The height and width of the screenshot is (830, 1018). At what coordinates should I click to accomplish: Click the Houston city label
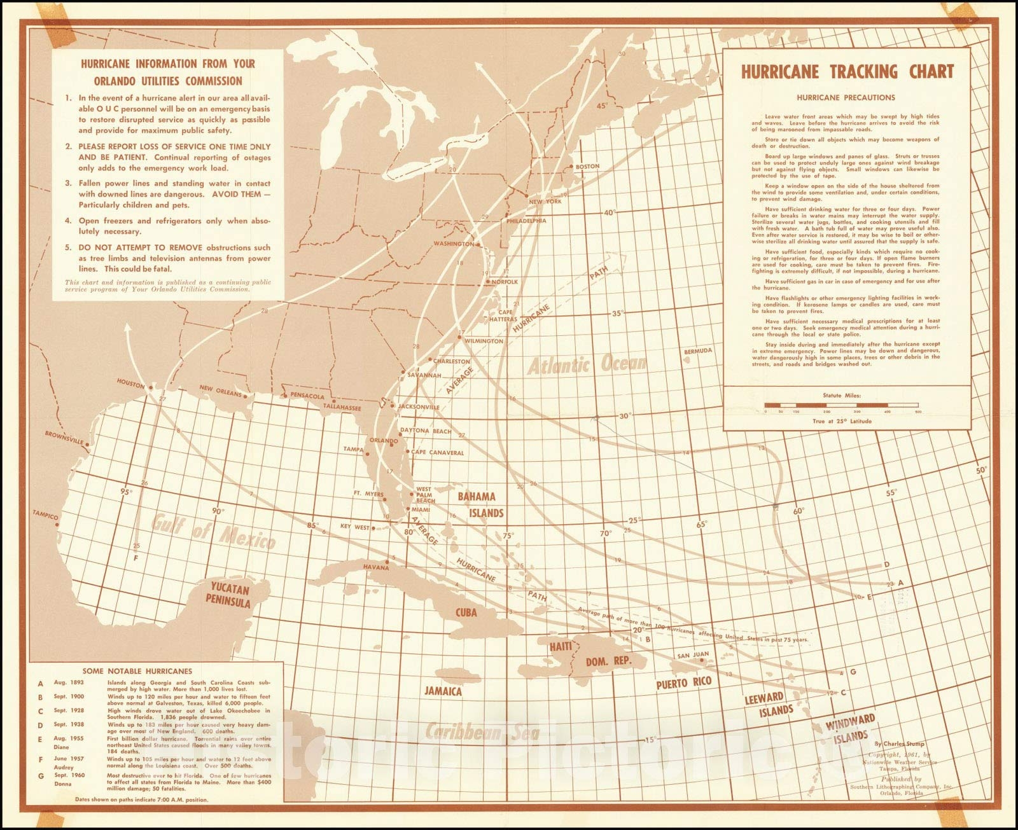click(x=131, y=382)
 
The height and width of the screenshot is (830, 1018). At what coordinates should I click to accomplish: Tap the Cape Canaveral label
click(x=438, y=453)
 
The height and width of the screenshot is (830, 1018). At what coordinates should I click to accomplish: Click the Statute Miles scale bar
click(x=841, y=405)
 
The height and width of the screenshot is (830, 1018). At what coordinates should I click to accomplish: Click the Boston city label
click(x=587, y=166)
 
